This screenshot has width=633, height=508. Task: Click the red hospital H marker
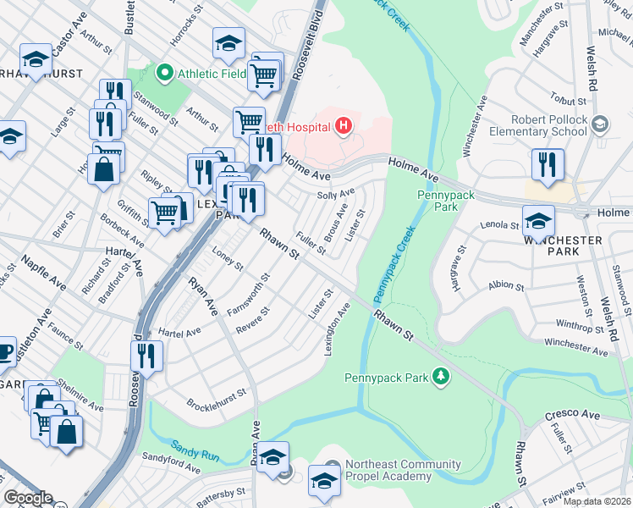[x=343, y=127]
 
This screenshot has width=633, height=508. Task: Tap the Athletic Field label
[x=211, y=74]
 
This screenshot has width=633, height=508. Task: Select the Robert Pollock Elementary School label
[x=549, y=125]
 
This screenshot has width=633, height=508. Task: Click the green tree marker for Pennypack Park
[x=439, y=375]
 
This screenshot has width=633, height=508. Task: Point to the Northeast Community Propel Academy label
[x=402, y=471]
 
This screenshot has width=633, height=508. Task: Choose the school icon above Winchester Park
[x=537, y=222]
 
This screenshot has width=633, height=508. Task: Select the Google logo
[x=28, y=498]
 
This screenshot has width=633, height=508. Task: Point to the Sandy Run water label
[x=195, y=450]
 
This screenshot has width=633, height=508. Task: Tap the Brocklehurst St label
[x=216, y=397]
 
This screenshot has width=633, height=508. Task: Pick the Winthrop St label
[x=578, y=324]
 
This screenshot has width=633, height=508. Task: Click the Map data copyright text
[x=597, y=501]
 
